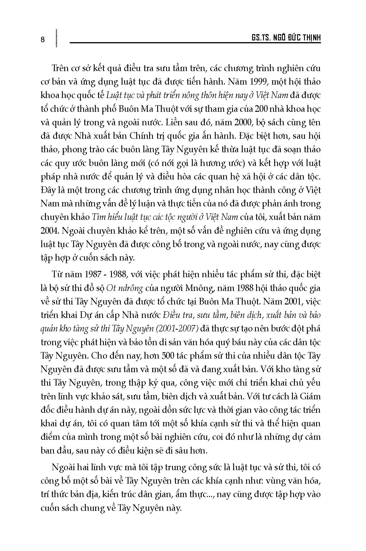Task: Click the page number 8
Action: click(43, 40)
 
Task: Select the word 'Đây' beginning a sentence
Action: click(48, 190)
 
